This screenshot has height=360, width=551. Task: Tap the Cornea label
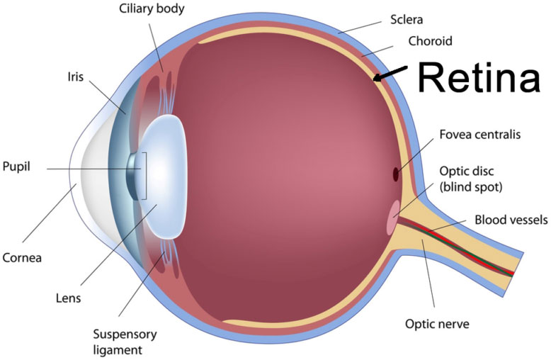click(x=22, y=258)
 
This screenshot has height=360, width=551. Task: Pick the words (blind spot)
click(x=470, y=188)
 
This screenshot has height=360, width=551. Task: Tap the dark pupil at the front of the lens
click(x=132, y=174)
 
